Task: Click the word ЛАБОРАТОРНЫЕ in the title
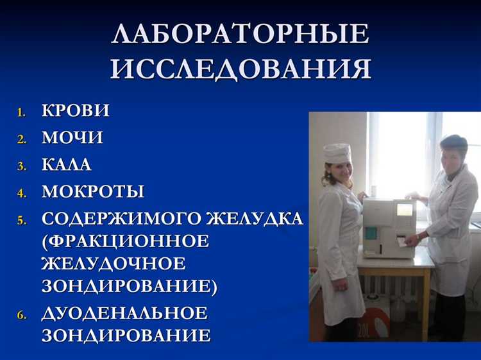[x=240, y=34]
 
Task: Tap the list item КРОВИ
[x=76, y=110]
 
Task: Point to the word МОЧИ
[x=72, y=137]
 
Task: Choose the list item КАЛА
[x=67, y=164]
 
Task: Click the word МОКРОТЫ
[x=93, y=191]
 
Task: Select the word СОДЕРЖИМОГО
[x=121, y=218]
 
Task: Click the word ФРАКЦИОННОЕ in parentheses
[x=126, y=241]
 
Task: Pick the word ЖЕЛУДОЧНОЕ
[x=114, y=264]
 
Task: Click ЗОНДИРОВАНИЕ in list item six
[x=126, y=335]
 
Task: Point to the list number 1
[x=21, y=112]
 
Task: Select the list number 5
[x=21, y=220]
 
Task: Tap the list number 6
[x=21, y=314]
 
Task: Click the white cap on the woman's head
[x=337, y=153]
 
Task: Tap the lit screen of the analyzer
[x=405, y=210]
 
